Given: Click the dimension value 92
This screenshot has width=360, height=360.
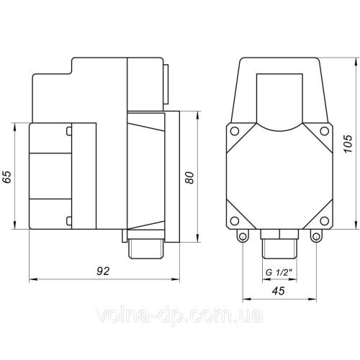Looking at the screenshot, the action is [103, 271].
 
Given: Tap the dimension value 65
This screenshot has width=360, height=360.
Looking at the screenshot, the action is [7, 177].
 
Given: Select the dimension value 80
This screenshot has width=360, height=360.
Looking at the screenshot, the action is [189, 178].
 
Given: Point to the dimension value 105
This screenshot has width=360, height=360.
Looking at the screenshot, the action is [348, 144].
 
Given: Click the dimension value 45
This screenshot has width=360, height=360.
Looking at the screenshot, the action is [278, 291].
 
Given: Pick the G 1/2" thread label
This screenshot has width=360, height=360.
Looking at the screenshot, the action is [279, 273].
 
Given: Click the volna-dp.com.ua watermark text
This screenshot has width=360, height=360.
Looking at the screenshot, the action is [179, 315].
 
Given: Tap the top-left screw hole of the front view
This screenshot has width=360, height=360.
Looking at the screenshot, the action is [235, 131].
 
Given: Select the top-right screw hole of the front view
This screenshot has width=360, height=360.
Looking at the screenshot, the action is [325, 131].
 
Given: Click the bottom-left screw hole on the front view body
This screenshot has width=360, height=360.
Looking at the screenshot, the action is [235, 221].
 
